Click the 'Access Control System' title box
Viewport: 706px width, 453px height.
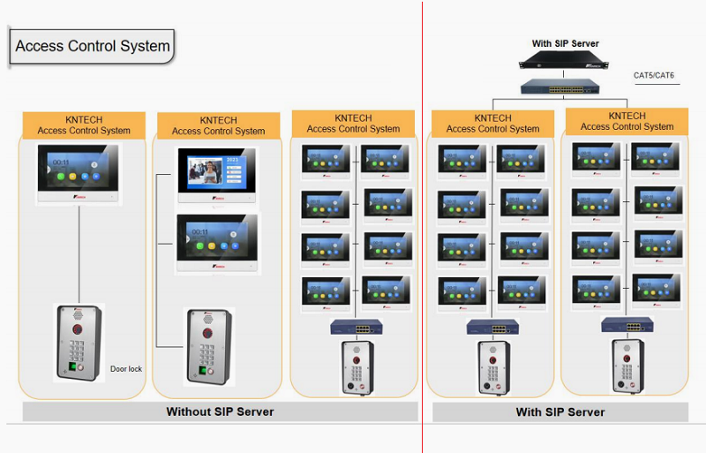[x=92, y=46]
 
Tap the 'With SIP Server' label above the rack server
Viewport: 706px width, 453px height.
[x=565, y=43]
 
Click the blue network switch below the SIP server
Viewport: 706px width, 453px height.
[x=557, y=87]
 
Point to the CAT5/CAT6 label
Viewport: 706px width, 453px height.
[x=654, y=75]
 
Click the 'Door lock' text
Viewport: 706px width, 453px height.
[x=125, y=369]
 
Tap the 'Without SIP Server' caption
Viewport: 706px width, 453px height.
[x=220, y=411]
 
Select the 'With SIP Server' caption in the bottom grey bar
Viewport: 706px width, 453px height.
[x=560, y=412]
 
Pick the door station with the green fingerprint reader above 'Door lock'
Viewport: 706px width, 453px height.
[x=79, y=343]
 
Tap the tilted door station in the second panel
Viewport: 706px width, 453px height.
[x=209, y=346]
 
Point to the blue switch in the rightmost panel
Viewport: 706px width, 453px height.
[x=627, y=325]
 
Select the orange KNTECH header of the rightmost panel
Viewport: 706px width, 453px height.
[x=627, y=122]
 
